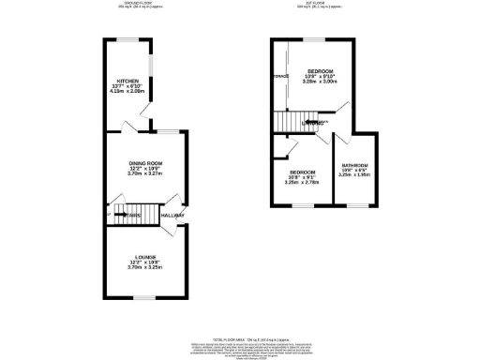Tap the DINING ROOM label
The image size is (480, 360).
coord(145,164)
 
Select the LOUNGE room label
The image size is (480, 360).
coord(145,255)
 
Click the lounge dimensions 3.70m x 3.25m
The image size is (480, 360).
coord(145,268)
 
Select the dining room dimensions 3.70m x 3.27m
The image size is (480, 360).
coord(145,175)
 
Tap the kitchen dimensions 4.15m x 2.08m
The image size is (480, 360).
coord(124,93)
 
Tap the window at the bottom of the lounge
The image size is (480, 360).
coord(145,298)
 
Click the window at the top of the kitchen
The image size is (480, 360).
coord(126,39)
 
